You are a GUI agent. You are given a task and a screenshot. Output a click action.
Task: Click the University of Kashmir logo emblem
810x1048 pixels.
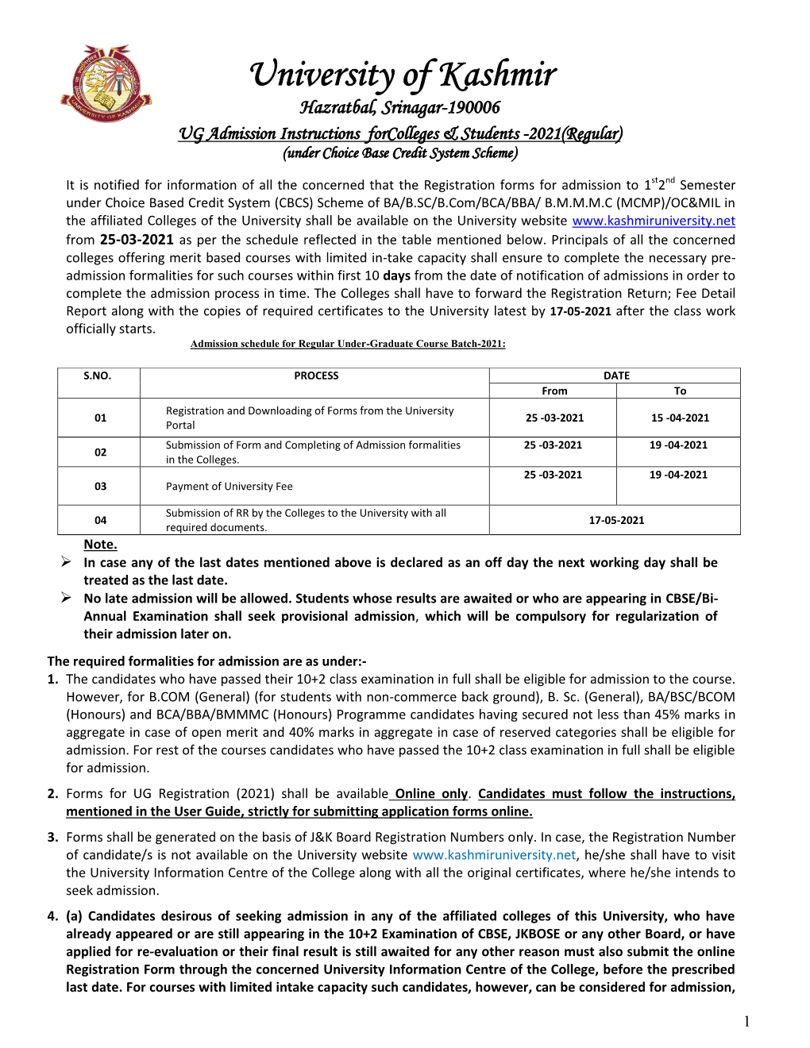[106, 83]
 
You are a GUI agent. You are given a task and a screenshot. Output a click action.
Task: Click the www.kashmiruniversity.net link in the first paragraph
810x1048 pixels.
[653, 221]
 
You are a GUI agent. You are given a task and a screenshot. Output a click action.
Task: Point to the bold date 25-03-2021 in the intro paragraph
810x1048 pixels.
[136, 239]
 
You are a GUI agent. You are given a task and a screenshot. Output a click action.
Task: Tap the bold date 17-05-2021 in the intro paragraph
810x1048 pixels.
[580, 311]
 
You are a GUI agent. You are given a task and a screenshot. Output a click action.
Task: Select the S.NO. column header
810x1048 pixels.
[98, 376]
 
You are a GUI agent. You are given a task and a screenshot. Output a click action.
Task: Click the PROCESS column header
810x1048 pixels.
[316, 376]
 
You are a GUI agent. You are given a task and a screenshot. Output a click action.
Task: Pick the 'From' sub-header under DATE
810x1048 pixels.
[554, 391]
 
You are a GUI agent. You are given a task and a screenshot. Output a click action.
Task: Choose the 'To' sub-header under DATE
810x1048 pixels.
[680, 391]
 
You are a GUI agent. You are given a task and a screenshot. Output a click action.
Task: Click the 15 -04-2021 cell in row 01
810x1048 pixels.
[680, 418]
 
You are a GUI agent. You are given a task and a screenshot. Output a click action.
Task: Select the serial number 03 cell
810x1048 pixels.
[100, 486]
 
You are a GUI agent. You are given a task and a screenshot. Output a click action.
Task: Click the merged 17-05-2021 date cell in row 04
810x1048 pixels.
[616, 520]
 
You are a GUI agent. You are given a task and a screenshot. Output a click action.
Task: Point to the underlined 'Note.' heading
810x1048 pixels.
[100, 545]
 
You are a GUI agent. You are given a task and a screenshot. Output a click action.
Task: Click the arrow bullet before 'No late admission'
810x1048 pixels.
[67, 598]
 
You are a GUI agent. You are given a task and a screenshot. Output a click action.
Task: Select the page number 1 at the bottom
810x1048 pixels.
[746, 1022]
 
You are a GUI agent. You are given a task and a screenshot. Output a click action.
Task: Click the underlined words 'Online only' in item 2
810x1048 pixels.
[431, 794]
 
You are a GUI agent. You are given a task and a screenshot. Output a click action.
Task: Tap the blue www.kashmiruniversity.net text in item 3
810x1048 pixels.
[494, 855]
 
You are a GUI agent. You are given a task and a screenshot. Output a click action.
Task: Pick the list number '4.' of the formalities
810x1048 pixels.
[52, 916]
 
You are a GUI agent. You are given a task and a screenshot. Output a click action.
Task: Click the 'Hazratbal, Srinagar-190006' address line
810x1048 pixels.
[399, 108]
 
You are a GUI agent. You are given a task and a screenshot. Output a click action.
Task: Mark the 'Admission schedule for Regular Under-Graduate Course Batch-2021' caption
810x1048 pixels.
[348, 344]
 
